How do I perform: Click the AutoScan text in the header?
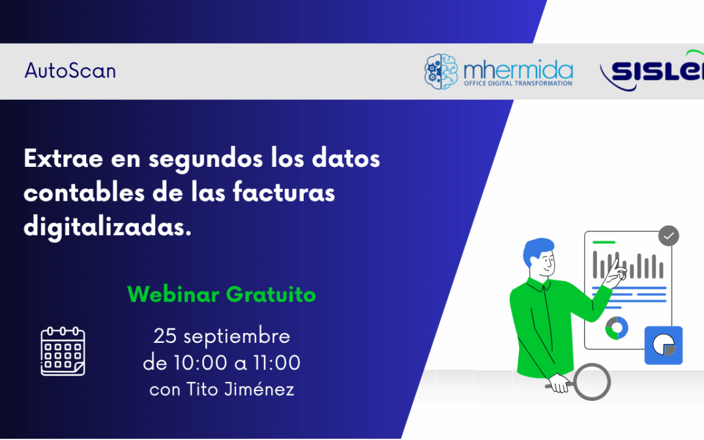click(70, 70)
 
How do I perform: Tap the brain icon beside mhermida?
click(441, 71)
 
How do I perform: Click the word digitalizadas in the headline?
click(108, 227)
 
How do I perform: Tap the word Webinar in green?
click(173, 295)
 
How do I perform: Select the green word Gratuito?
click(271, 295)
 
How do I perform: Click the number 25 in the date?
click(166, 336)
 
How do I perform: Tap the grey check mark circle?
click(669, 236)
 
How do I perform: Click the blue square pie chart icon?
click(664, 345)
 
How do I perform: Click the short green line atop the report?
click(604, 242)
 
